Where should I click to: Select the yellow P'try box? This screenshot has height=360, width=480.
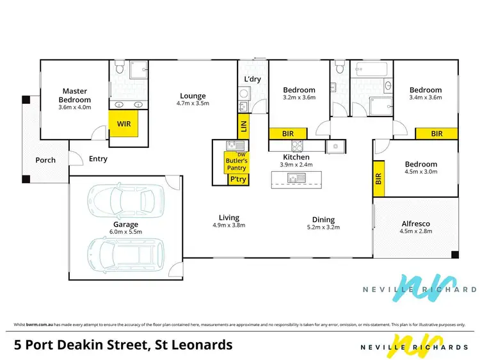237,179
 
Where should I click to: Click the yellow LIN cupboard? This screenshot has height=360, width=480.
243,126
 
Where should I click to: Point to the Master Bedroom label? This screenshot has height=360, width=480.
76,95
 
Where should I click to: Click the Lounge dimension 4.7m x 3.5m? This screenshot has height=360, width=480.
193,103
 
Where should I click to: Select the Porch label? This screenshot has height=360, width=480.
45,160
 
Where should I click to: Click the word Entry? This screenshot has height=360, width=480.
98,159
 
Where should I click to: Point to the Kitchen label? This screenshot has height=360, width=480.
296,157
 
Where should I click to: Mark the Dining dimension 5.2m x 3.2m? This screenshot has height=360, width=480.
324,227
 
